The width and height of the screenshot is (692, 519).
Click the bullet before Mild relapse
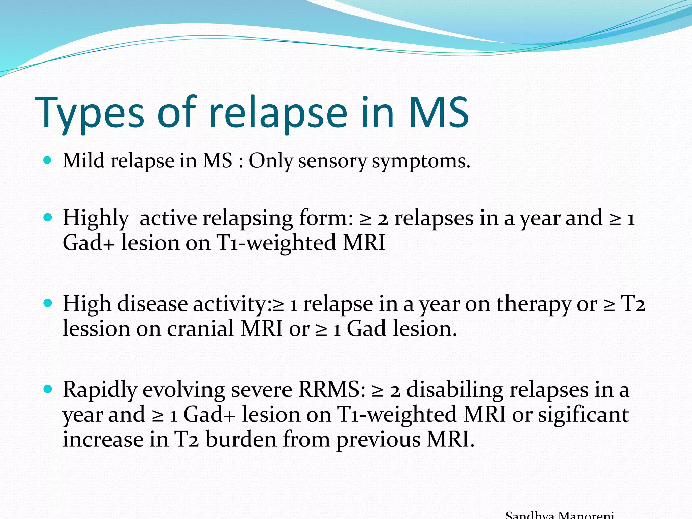(48, 160)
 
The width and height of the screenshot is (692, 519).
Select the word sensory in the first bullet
(332, 161)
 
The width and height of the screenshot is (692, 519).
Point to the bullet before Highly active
(48, 217)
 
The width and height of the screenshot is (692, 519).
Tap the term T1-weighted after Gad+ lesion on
(276, 243)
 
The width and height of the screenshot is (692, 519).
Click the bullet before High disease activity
(48, 303)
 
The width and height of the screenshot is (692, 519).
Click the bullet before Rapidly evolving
(48, 389)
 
